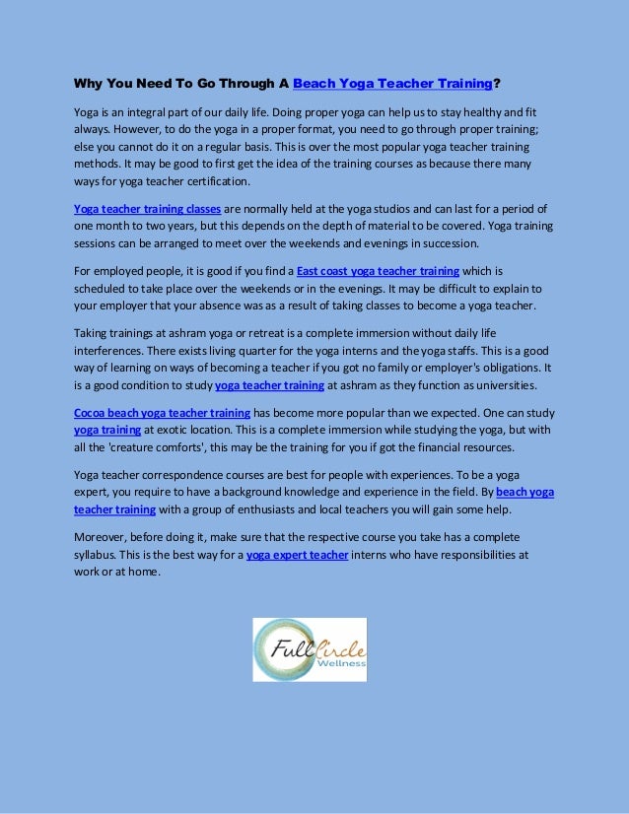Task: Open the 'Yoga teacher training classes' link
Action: (x=147, y=209)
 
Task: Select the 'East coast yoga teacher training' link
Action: (x=378, y=270)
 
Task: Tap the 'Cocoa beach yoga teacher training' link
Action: (x=162, y=413)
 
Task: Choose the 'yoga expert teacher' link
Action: (x=297, y=555)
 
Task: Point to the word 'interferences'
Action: (x=110, y=350)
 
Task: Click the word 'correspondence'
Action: (x=198, y=474)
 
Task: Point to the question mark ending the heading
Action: (x=497, y=83)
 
